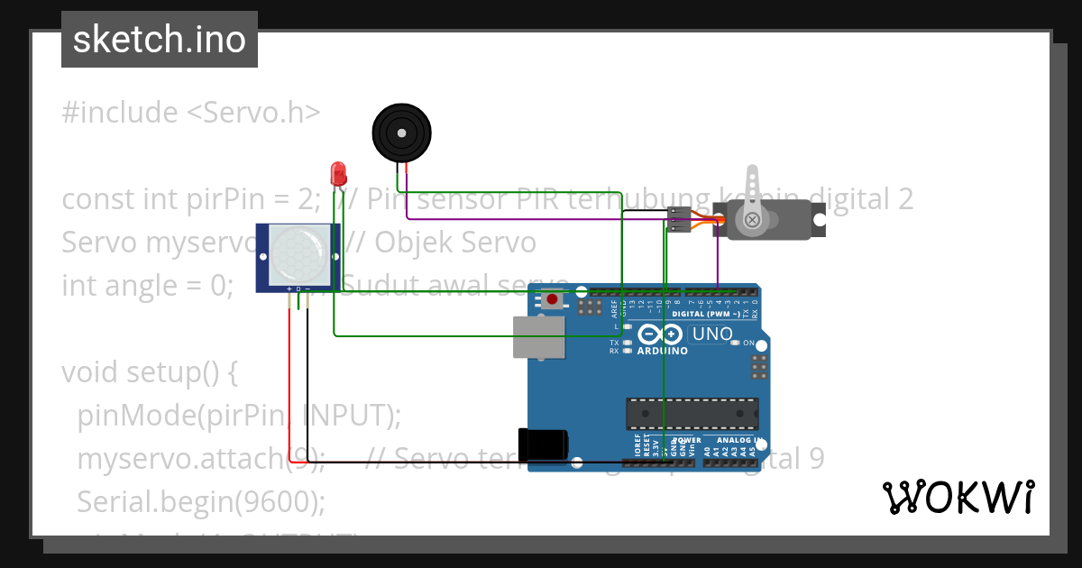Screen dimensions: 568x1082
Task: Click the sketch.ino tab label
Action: (160, 40)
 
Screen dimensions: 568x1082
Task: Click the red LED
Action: (338, 172)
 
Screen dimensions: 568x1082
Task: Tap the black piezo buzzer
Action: (402, 133)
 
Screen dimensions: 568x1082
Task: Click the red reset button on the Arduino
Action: (552, 298)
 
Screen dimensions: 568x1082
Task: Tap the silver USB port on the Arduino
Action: (537, 337)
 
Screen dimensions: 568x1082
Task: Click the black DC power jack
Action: (543, 444)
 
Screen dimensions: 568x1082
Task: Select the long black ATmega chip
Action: (692, 413)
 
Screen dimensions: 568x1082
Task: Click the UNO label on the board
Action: (711, 334)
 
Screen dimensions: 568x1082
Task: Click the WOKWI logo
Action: (958, 497)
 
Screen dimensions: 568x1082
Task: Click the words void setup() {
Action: (150, 371)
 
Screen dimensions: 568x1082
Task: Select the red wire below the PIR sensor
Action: (289, 379)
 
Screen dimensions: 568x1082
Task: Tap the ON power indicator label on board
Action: (747, 343)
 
